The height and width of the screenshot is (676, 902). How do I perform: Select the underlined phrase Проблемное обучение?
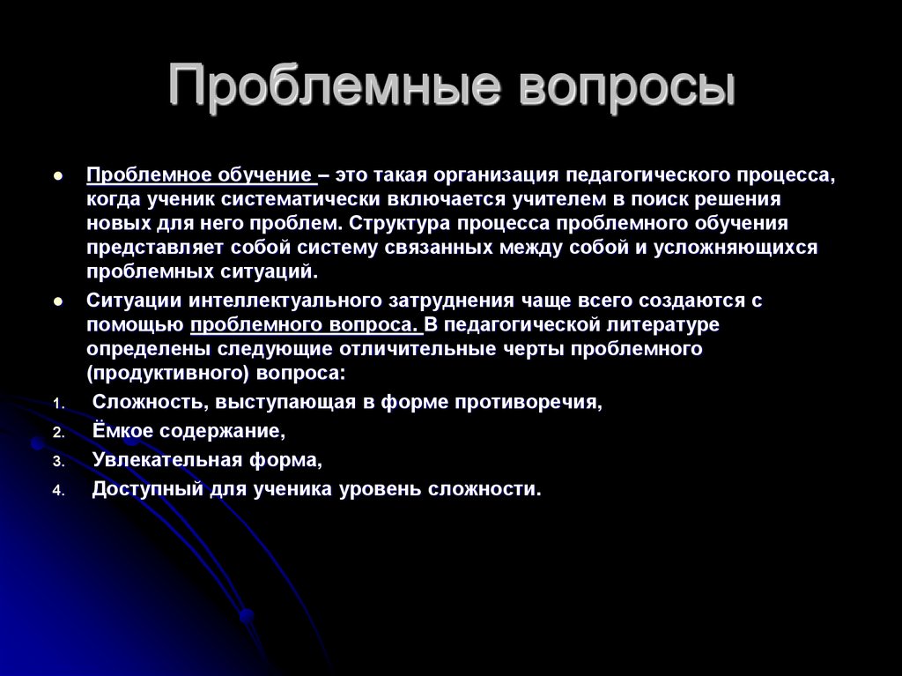(200, 175)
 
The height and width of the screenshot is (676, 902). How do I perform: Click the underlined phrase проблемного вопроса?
(305, 324)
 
